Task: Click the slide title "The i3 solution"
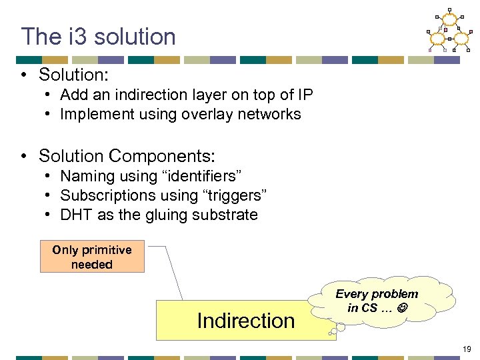(x=98, y=37)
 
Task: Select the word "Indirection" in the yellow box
(x=245, y=321)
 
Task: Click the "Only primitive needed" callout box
(x=92, y=257)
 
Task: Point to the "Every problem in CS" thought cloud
(x=377, y=301)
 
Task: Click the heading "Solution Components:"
(x=127, y=156)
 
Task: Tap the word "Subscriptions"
(x=109, y=195)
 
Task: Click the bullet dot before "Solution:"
(x=24, y=73)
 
